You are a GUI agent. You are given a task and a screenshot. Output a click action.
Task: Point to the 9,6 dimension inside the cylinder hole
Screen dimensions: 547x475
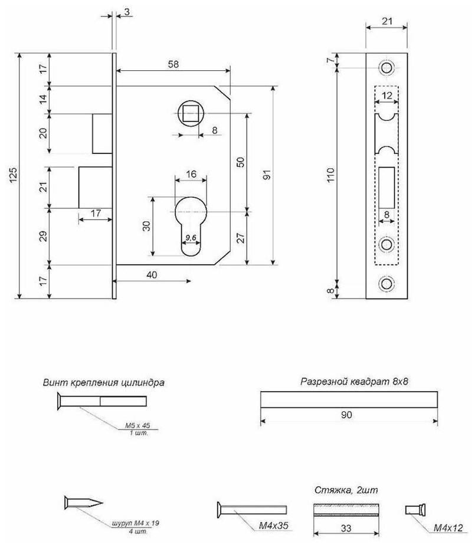[191, 238]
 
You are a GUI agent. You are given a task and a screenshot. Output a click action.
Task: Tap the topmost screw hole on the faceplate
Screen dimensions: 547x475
[386, 68]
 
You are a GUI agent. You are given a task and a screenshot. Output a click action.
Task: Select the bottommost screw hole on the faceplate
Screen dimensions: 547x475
[386, 284]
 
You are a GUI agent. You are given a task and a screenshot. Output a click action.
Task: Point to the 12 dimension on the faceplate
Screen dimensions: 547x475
[386, 95]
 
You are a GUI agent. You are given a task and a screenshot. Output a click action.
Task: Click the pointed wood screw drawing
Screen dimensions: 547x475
[83, 503]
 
